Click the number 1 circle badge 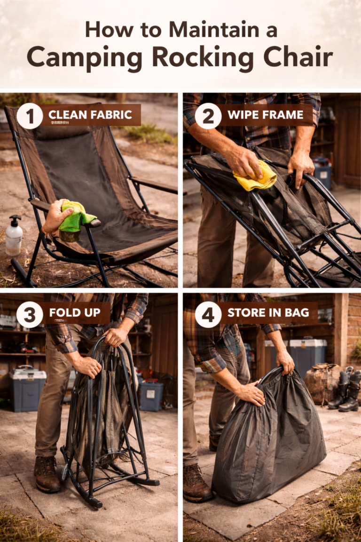[x=30, y=116]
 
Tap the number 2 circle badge [x=208, y=116]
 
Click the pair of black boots [x=345, y=391]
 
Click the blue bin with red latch [x=151, y=395]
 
